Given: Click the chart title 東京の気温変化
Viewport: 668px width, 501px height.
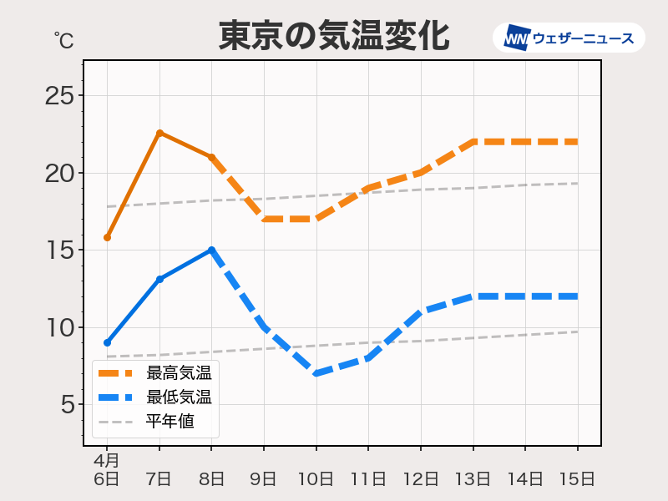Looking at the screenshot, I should click(x=334, y=37).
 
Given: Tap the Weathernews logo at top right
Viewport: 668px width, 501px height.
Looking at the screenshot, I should click(x=569, y=38).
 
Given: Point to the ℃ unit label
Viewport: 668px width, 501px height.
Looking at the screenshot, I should click(x=63, y=39).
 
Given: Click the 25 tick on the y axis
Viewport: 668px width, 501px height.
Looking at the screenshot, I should click(x=59, y=96).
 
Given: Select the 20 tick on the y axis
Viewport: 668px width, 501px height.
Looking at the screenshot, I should click(x=59, y=174).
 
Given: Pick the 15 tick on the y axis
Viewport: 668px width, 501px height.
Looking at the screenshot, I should click(x=59, y=250).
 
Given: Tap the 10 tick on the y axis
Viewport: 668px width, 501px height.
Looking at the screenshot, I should click(x=59, y=327).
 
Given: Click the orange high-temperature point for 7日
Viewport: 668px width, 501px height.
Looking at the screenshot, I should click(x=159, y=133).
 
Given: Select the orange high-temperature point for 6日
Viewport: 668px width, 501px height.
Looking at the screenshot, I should click(x=107, y=238).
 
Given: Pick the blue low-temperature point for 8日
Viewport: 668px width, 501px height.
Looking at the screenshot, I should click(x=211, y=250).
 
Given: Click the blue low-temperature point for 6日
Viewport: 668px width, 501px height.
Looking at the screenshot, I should click(x=107, y=342).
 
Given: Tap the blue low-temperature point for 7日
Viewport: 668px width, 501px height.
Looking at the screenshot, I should click(x=159, y=279).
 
